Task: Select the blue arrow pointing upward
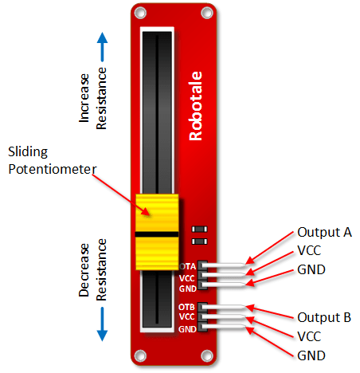point(103,49)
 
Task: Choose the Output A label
point(324,233)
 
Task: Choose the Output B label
point(324,316)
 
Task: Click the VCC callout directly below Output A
point(311,252)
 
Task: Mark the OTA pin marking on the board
point(188,266)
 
